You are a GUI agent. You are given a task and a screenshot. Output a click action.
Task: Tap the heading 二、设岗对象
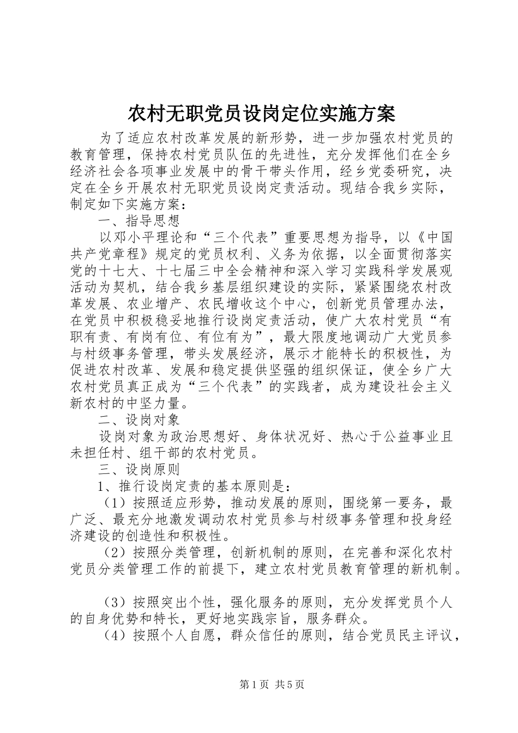pos(138,420)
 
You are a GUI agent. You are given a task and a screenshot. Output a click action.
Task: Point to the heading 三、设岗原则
pos(138,470)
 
